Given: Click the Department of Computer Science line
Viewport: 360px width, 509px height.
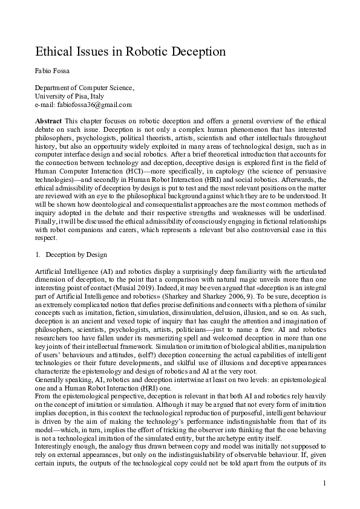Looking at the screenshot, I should click(84, 88).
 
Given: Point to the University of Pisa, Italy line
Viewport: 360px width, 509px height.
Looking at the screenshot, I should click(70, 96).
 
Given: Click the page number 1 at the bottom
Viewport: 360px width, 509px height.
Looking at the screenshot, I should click(324, 482).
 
